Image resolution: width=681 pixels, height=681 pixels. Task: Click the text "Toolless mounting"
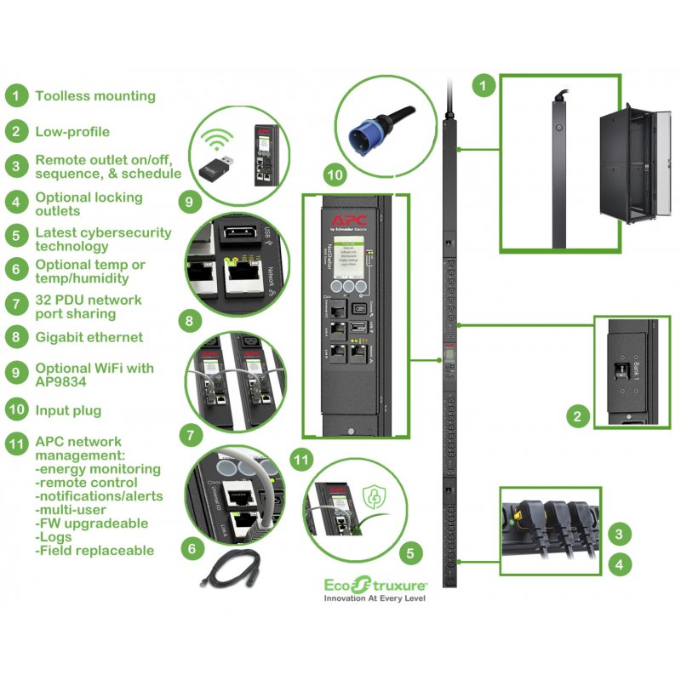tap(95, 96)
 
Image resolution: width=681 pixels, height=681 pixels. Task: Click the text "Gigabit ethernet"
tap(89, 337)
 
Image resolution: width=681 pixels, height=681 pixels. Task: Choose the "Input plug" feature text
tap(68, 410)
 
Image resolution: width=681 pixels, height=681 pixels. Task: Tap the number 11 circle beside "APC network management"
tap(16, 442)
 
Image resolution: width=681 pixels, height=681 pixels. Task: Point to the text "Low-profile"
tap(72, 132)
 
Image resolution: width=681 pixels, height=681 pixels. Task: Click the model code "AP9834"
tap(61, 381)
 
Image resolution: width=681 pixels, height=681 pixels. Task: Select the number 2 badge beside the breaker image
tap(578, 416)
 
